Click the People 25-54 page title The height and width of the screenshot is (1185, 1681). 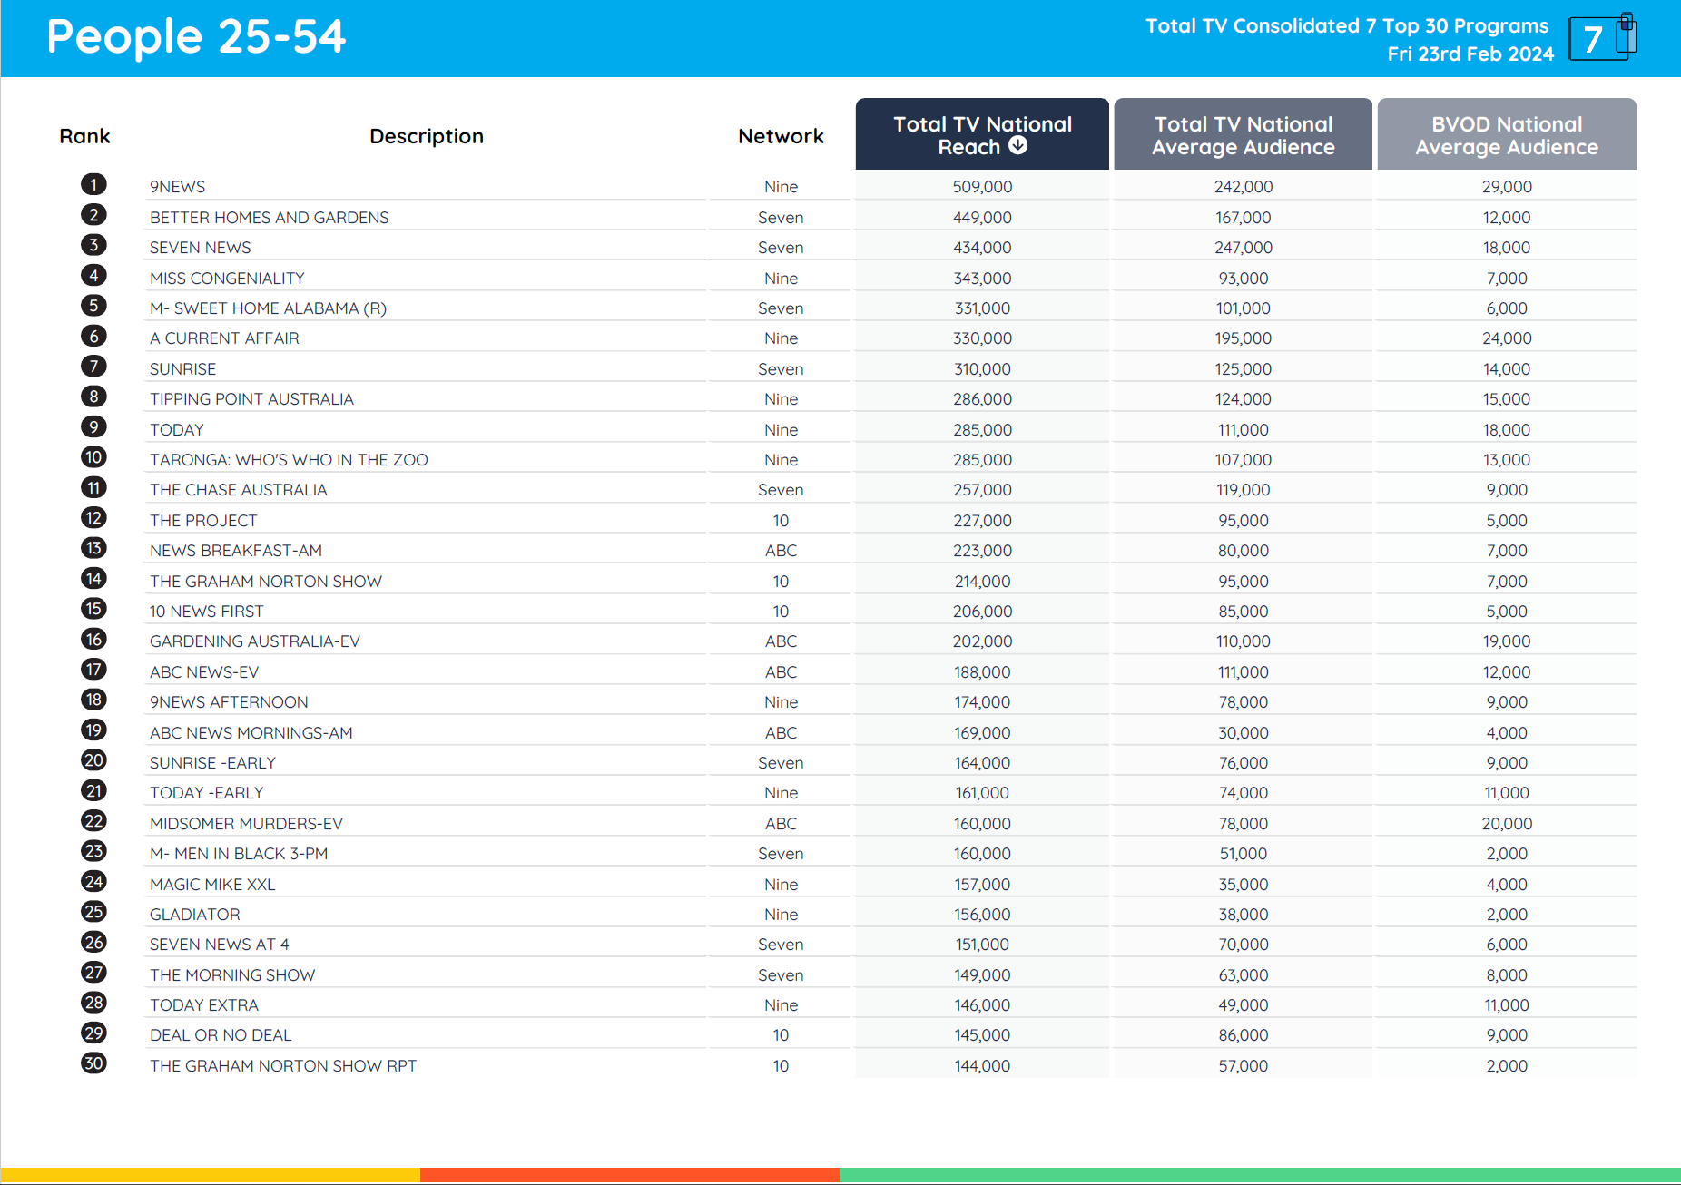(196, 37)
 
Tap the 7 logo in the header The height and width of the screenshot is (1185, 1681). (1602, 38)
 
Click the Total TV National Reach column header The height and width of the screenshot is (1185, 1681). (981, 134)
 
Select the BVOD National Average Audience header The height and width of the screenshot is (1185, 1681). (1506, 134)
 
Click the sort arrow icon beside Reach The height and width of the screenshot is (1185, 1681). (1018, 145)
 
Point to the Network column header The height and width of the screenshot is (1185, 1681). (781, 136)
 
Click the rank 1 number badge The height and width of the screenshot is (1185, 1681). (93, 185)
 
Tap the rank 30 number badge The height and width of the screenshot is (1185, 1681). (93, 1063)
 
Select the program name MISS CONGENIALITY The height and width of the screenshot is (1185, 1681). (227, 279)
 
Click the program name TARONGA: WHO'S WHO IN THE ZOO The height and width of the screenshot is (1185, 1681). (289, 460)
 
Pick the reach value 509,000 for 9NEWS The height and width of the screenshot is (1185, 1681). (982, 187)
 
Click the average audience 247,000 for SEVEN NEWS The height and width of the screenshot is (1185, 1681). (1244, 248)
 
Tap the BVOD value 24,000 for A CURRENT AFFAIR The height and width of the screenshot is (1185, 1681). (1507, 338)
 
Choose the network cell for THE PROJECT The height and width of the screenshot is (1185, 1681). (781, 521)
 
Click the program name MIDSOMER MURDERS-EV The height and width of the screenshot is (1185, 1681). (246, 824)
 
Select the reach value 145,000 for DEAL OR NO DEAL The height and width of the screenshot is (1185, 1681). (982, 1035)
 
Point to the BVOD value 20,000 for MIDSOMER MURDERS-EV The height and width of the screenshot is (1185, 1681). (1507, 824)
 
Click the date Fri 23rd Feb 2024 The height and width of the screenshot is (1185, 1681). (1470, 54)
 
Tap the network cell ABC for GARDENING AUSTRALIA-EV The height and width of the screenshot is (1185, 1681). (781, 641)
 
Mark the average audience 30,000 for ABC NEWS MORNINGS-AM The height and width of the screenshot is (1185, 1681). (1244, 733)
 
